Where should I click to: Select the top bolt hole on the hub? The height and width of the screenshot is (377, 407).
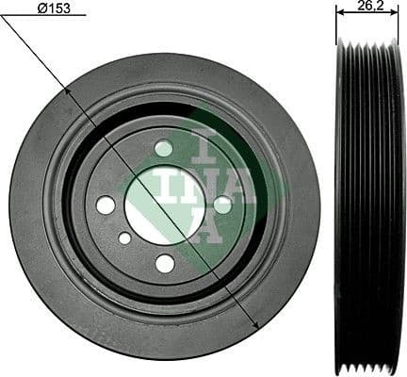pos(164,148)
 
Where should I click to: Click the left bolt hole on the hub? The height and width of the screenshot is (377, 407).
pos(106,205)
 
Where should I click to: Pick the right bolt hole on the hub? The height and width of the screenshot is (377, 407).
pos(222,204)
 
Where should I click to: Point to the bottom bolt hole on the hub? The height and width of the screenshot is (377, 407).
pos(165,263)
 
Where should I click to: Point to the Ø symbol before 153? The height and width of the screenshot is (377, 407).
pos(41,8)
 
